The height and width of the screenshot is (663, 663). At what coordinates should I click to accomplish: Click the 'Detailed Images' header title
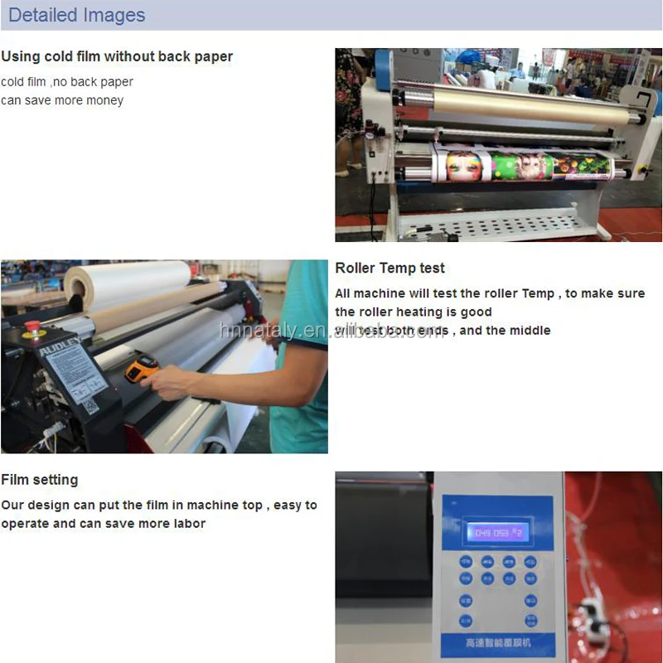point(76,15)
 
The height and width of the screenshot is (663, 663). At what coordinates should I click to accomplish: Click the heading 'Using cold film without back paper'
point(117,56)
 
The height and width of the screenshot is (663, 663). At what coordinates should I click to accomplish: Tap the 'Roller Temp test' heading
point(390,268)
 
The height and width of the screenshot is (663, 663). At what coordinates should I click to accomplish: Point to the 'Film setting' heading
point(39,479)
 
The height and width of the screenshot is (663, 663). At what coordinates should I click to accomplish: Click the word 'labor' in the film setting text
point(187,523)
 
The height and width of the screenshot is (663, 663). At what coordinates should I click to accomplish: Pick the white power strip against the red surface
point(593,614)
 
